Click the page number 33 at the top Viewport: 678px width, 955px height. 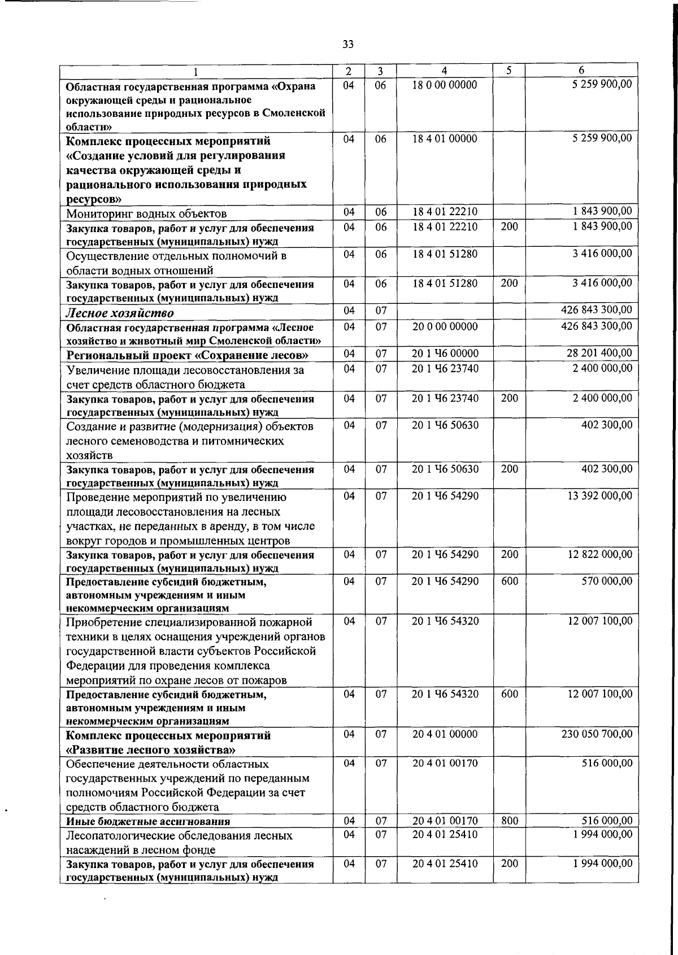click(x=348, y=44)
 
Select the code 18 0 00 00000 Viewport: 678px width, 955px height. click(x=445, y=85)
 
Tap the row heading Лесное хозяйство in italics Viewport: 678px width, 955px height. click(x=120, y=313)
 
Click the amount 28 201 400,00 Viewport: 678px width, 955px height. click(x=599, y=354)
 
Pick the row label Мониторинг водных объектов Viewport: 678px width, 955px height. click(x=146, y=213)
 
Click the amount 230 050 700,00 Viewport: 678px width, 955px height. click(x=597, y=734)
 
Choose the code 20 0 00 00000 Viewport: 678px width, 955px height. click(x=445, y=326)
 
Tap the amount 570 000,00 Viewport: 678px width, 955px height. click(x=607, y=581)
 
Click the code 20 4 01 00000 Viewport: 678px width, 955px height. click(x=445, y=734)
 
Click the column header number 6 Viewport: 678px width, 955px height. click(x=581, y=71)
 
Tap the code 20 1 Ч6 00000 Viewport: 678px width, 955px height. click(x=445, y=354)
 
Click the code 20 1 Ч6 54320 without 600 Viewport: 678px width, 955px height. click(x=445, y=621)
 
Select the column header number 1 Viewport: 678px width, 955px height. click(x=196, y=72)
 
